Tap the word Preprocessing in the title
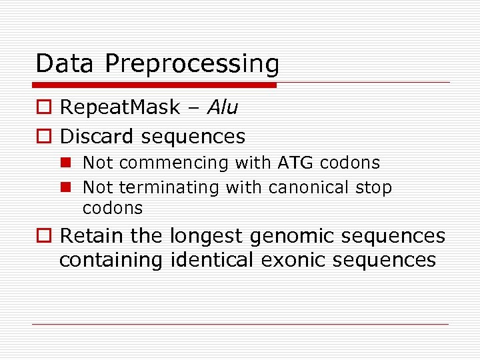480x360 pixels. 192,65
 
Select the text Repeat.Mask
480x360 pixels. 120,107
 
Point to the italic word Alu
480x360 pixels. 223,107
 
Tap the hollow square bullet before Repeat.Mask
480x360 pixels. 43,107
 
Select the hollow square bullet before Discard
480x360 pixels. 43,137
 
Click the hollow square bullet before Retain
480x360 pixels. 43,236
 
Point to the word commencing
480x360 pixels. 173,163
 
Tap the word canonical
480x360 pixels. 309,188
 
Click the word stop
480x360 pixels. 373,189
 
